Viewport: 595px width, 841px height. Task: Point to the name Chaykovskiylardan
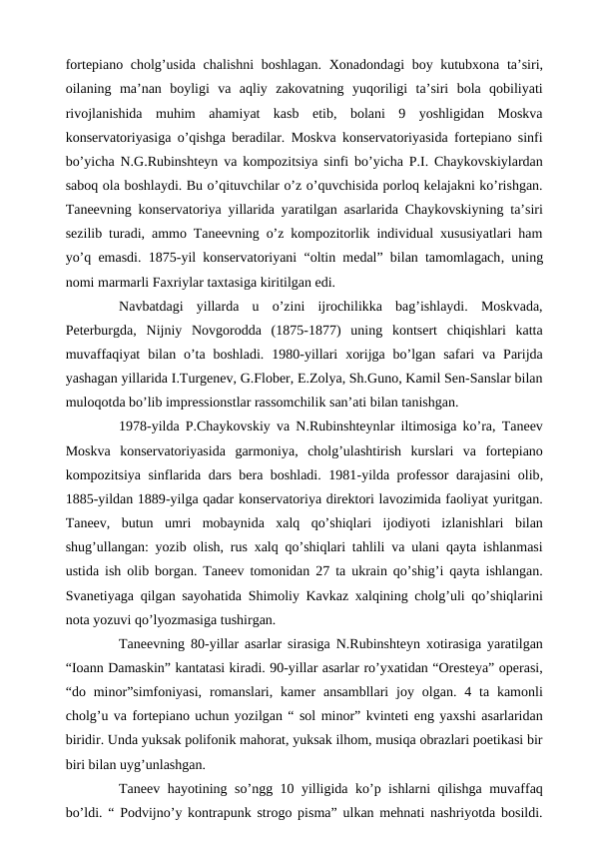coord(488,165)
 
